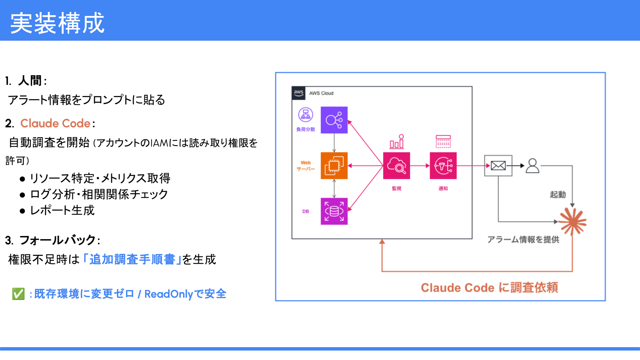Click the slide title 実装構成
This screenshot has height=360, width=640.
[57, 23]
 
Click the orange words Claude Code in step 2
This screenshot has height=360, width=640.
[55, 123]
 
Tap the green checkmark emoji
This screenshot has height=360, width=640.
[18, 294]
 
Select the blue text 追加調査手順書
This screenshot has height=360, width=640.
[132, 259]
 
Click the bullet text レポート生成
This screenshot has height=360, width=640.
[62, 210]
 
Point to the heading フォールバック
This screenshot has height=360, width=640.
[58, 240]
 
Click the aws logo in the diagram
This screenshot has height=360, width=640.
[298, 93]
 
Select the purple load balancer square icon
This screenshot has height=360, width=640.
[334, 120]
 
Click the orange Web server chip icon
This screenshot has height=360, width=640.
[334, 166]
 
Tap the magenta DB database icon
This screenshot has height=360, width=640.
[334, 211]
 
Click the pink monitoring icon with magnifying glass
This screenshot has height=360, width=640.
[396, 166]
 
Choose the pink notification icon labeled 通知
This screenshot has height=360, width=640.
[443, 166]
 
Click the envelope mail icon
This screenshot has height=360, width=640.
[498, 166]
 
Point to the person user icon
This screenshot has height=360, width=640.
[532, 166]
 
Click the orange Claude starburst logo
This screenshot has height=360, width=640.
[573, 221]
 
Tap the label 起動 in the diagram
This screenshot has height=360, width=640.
[558, 194]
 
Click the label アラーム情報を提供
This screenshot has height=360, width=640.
[523, 239]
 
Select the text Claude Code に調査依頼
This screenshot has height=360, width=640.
[489, 288]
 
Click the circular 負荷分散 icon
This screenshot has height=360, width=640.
[306, 115]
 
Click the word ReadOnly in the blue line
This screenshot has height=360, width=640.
[168, 294]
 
